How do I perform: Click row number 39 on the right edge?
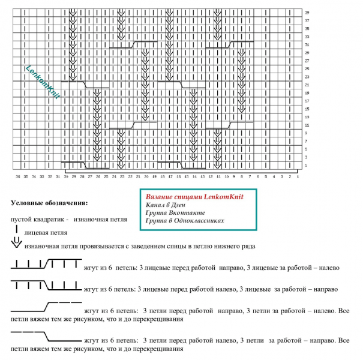pos(307,12)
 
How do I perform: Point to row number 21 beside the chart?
pos(307,85)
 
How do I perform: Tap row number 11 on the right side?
pos(307,125)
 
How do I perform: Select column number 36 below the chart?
pos(17,177)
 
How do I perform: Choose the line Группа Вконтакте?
pos(175,212)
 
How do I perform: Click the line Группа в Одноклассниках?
pos(185,220)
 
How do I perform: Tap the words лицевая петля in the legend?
pos(46,232)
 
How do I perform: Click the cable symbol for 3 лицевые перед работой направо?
pos(46,264)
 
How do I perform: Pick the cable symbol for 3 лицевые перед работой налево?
pos(46,284)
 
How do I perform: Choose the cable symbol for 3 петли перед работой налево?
pos(46,336)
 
